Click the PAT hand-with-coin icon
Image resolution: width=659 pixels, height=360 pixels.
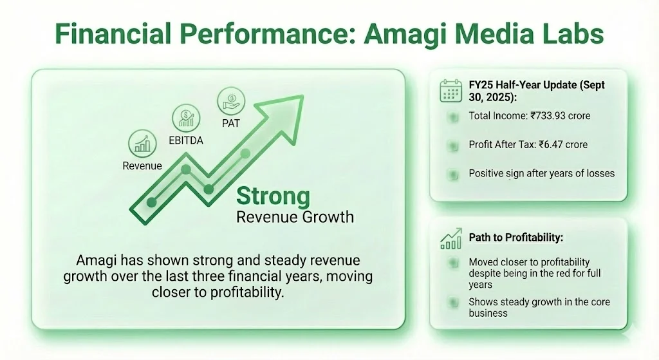230,100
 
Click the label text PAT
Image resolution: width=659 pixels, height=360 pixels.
230,123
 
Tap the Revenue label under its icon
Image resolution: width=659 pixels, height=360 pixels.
142,166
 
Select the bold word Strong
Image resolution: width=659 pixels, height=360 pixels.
273,196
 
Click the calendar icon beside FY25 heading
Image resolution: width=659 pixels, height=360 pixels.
452,91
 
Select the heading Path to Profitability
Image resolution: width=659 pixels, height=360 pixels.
516,238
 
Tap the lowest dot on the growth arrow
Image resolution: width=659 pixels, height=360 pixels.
152,202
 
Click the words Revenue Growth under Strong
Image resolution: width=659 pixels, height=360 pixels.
295,216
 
